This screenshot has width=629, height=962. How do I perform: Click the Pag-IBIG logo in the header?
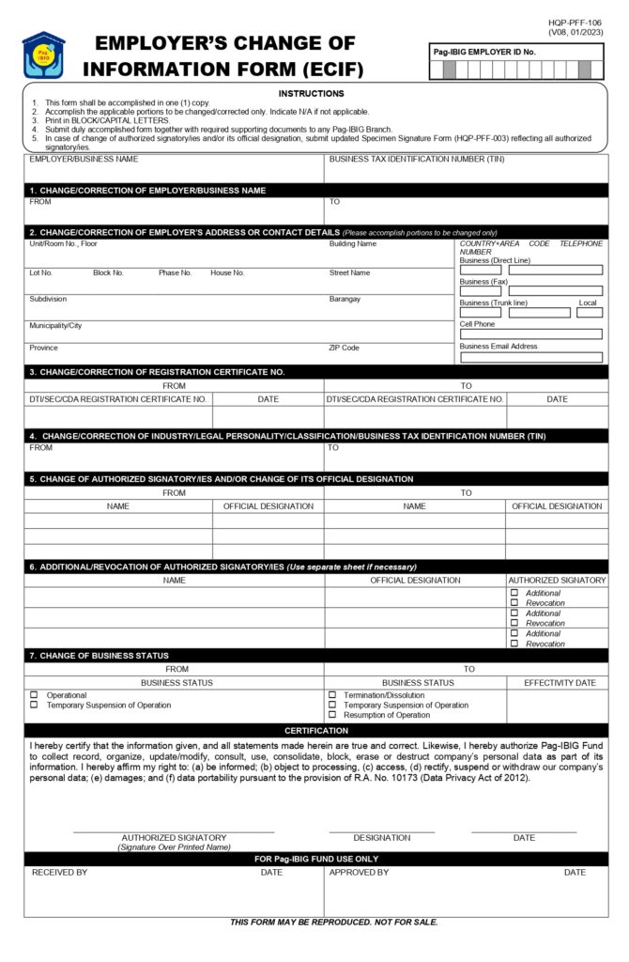pos(43,55)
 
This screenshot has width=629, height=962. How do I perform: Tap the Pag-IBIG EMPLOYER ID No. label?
pos(483,52)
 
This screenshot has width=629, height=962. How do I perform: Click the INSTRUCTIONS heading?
pos(312,93)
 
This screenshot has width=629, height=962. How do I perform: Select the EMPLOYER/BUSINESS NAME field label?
pos(84,159)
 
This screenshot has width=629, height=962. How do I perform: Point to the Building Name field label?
pos(352,243)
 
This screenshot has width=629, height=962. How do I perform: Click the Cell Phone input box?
pos(530,334)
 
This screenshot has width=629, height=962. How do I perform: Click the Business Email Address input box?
pos(530,357)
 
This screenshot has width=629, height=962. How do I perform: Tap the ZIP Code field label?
pos(344,348)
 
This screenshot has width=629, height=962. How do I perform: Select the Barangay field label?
pos(345,299)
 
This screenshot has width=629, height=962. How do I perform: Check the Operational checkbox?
pos(34,695)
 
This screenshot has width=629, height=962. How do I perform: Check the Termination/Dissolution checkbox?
pos(332,695)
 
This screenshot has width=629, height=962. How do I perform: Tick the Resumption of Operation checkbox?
pos(332,715)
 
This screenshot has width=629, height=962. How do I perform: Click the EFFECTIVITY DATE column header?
pos(560,682)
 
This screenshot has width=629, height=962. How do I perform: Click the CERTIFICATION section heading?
pos(316,730)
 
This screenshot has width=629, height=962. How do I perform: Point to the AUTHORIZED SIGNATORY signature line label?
pos(174,837)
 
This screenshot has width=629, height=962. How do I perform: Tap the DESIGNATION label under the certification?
pos(381,837)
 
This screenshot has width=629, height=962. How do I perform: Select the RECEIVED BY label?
pos(59,873)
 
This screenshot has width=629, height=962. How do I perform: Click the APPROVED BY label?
pos(359,873)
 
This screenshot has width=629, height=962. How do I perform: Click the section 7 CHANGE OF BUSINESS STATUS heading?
pos(99,655)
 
